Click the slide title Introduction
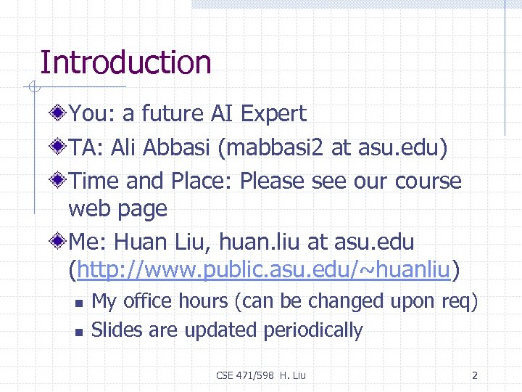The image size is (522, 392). pos(125,62)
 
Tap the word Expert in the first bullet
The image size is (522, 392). pos(273,114)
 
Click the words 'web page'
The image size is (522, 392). pos(117,210)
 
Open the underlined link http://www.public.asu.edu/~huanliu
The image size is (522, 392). pos(264,271)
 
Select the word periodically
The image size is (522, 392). pos(312,330)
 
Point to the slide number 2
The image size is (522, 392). pos(474,375)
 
